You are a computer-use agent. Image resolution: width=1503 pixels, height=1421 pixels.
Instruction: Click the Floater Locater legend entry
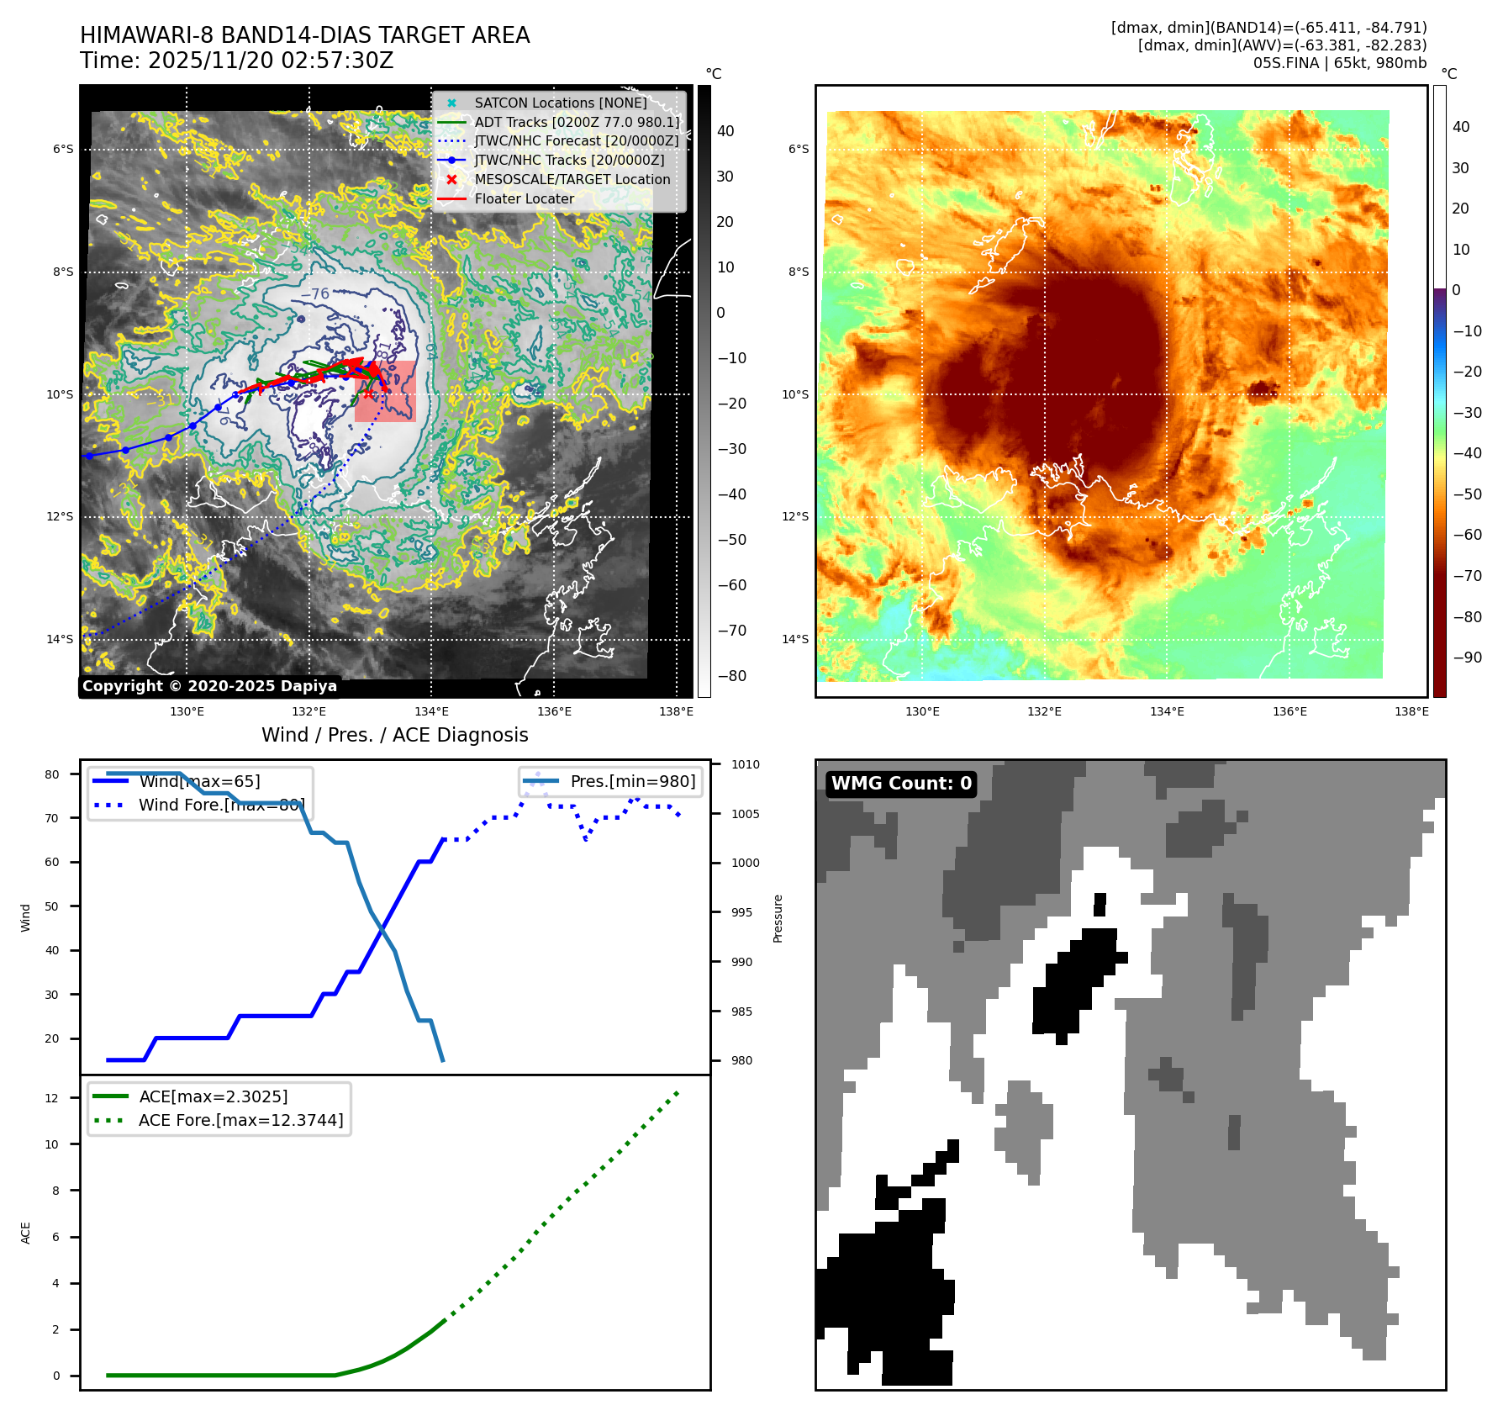pos(524,199)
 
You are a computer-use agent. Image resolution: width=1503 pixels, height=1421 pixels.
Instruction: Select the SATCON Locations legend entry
pos(560,103)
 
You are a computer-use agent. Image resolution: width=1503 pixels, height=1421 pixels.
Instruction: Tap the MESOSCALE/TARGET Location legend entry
pos(572,180)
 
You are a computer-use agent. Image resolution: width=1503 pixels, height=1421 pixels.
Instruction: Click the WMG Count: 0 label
pos(901,784)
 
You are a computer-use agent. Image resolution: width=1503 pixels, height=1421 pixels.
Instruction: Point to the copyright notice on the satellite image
pos(209,686)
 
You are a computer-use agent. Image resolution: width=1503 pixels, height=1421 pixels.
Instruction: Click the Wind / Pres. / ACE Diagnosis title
pos(394,735)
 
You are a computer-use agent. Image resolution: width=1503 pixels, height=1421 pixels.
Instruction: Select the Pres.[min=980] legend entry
pos(632,781)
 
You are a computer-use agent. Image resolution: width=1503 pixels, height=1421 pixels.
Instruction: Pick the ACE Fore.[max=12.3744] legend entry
pos(240,1120)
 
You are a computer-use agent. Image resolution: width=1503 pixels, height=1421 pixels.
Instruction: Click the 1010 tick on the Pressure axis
pos(745,764)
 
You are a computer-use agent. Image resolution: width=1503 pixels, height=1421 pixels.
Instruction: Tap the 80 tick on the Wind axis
pos(52,774)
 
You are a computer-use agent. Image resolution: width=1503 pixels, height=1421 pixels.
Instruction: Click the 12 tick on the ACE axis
pos(52,1098)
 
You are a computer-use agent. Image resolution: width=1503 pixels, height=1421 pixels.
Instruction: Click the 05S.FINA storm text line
pos(1339,63)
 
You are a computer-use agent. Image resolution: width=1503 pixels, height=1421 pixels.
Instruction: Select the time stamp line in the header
pos(236,61)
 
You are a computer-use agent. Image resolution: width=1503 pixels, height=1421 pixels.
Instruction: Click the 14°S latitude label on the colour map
pos(795,639)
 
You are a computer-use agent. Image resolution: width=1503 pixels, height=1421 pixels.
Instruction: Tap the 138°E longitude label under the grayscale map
pos(676,711)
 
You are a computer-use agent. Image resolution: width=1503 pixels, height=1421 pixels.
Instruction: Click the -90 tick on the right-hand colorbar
pos(1467,658)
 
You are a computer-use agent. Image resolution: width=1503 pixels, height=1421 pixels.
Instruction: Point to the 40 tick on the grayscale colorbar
pos(725,131)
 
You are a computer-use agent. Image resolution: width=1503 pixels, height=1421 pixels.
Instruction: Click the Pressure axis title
pos(778,918)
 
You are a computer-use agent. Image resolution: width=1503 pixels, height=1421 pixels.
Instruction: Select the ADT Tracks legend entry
pos(577,122)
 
